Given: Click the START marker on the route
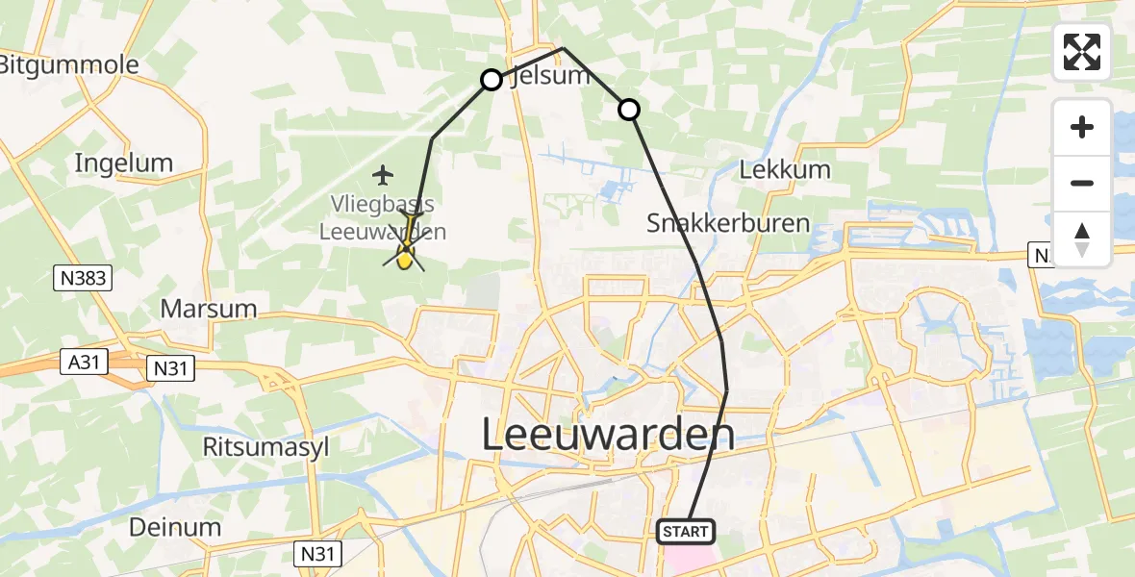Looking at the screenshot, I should pyautogui.click(x=686, y=531).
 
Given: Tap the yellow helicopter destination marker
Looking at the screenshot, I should pyautogui.click(x=405, y=255).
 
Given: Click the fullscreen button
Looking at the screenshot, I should pyautogui.click(x=1082, y=52).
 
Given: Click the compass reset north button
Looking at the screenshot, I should pyautogui.click(x=1082, y=239).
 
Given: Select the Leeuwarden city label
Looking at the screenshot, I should pyautogui.click(x=607, y=435).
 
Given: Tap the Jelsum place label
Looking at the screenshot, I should pyautogui.click(x=551, y=76).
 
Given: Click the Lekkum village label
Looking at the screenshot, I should pyautogui.click(x=785, y=170).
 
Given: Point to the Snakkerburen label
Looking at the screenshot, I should pyautogui.click(x=728, y=224).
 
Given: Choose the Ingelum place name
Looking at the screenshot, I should pyautogui.click(x=124, y=163).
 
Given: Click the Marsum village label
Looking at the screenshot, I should pyautogui.click(x=209, y=309).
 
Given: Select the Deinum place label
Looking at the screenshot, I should pyautogui.click(x=175, y=527).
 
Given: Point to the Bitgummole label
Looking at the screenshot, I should pyautogui.click(x=69, y=64).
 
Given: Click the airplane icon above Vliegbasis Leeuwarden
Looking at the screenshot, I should pyautogui.click(x=384, y=175).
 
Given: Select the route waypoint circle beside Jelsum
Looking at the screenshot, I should pyautogui.click(x=492, y=80).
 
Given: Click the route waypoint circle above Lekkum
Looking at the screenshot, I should pyautogui.click(x=628, y=110).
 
